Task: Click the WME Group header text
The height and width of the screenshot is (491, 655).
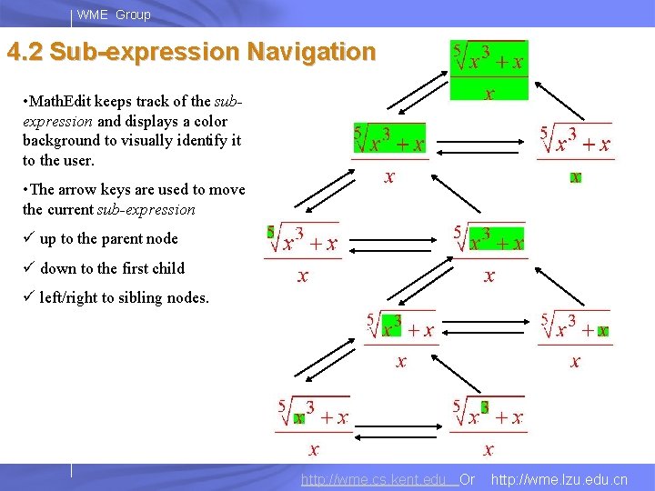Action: tap(114, 15)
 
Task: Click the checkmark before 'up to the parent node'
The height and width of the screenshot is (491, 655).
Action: tap(28, 239)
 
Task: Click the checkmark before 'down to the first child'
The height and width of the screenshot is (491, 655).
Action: tap(28, 268)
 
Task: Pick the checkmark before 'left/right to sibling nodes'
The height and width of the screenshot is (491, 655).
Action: tap(28, 297)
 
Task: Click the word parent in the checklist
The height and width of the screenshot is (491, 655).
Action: tap(120, 239)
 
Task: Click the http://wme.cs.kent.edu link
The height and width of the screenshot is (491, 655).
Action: tap(377, 479)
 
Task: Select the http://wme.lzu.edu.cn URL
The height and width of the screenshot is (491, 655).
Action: tap(559, 479)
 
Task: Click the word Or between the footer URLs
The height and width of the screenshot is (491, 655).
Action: tap(468, 479)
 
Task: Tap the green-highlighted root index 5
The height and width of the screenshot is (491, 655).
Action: tap(270, 233)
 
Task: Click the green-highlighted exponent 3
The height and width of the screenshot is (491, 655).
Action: tap(485, 407)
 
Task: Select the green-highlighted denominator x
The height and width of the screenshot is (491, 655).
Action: tap(575, 177)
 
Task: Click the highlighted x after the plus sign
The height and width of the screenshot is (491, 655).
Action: tap(602, 331)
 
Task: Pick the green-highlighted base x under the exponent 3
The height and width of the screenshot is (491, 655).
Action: tap(298, 418)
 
